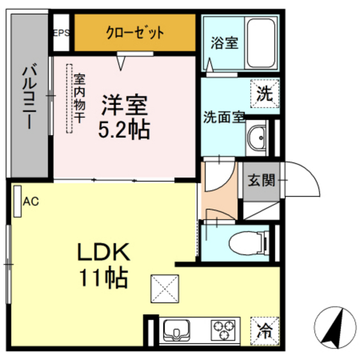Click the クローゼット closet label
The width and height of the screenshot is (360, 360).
pos(135,33)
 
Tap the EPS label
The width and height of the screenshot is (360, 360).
pos(61,33)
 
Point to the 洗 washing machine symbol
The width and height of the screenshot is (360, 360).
pos(265,93)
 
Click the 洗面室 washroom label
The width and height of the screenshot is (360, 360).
pos(224,118)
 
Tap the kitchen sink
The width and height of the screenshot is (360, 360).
pos(176,332)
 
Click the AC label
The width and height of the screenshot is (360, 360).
pos(31,201)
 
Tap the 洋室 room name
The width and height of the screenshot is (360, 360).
pos(124,104)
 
